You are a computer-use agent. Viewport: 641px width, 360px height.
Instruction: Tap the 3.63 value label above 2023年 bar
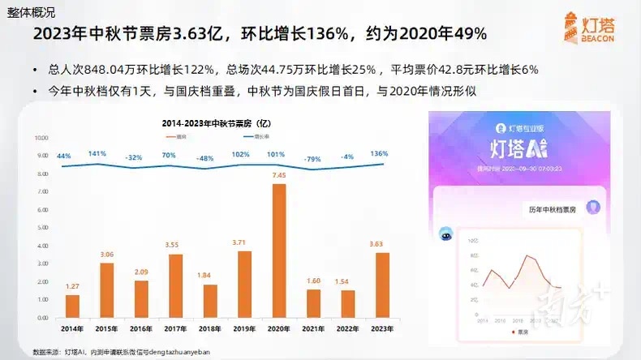point(381,244)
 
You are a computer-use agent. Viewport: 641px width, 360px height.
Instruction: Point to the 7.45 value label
point(278,175)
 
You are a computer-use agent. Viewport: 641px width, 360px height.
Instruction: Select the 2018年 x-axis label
point(209,328)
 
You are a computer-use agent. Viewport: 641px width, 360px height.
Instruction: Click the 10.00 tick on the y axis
point(43,138)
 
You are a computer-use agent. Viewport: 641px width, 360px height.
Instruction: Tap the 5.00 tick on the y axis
point(43,228)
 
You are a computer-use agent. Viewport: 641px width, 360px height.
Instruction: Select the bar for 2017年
point(175,286)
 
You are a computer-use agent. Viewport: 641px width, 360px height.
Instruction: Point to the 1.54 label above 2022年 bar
point(347,281)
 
